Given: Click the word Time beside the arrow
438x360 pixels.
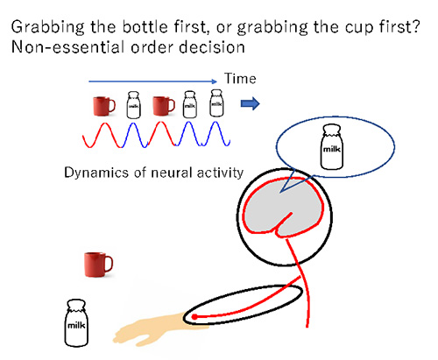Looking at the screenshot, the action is [x=240, y=79].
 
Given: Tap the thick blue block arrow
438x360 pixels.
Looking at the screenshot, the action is [x=250, y=103].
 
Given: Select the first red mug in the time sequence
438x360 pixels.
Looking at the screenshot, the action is [x=104, y=106].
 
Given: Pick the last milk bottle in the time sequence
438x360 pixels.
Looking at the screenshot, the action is [x=216, y=102].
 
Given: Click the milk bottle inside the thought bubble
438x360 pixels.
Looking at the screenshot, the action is [x=331, y=147].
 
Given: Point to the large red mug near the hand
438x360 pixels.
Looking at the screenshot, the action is [x=98, y=265].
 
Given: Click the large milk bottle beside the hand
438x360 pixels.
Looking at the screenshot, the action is [x=76, y=323].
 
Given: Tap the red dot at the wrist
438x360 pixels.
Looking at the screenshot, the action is [x=194, y=317].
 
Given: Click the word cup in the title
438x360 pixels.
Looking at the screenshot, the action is [x=359, y=28].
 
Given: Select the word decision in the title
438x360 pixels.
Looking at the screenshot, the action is [x=212, y=47].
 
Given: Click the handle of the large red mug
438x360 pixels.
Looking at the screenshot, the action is [x=109, y=264].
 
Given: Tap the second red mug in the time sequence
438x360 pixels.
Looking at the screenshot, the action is [x=164, y=106].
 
